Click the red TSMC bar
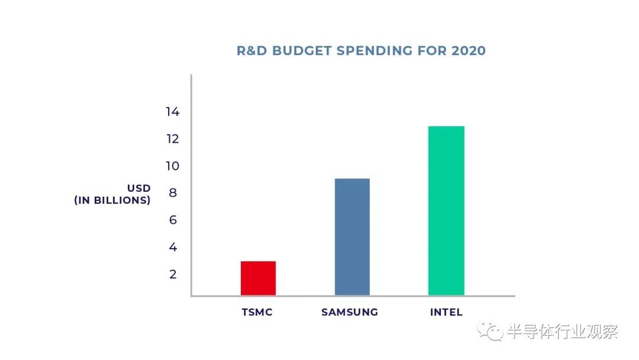(258, 278)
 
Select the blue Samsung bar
(352, 237)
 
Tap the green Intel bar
(446, 211)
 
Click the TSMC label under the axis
(257, 312)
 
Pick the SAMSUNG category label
(350, 312)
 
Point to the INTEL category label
(446, 312)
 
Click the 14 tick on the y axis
(172, 112)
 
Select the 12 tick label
(172, 139)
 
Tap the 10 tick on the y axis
(172, 166)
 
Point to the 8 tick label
(173, 193)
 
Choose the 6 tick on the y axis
(173, 220)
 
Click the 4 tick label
(173, 247)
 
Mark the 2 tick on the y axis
(173, 274)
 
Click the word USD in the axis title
(138, 188)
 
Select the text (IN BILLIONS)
(112, 200)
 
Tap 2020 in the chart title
(469, 51)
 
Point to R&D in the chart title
(250, 51)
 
